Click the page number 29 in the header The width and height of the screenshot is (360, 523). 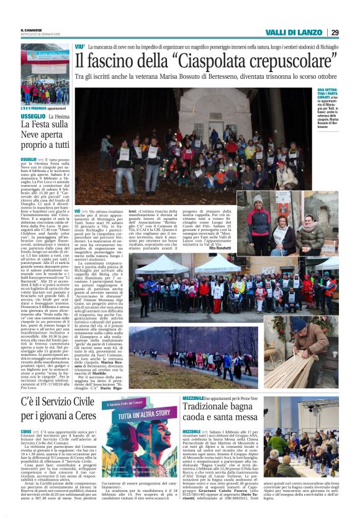[334, 32]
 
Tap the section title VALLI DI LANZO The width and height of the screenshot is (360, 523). [294, 32]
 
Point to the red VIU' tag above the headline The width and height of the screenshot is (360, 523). [79, 47]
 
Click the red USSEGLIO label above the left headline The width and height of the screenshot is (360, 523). [32, 117]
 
